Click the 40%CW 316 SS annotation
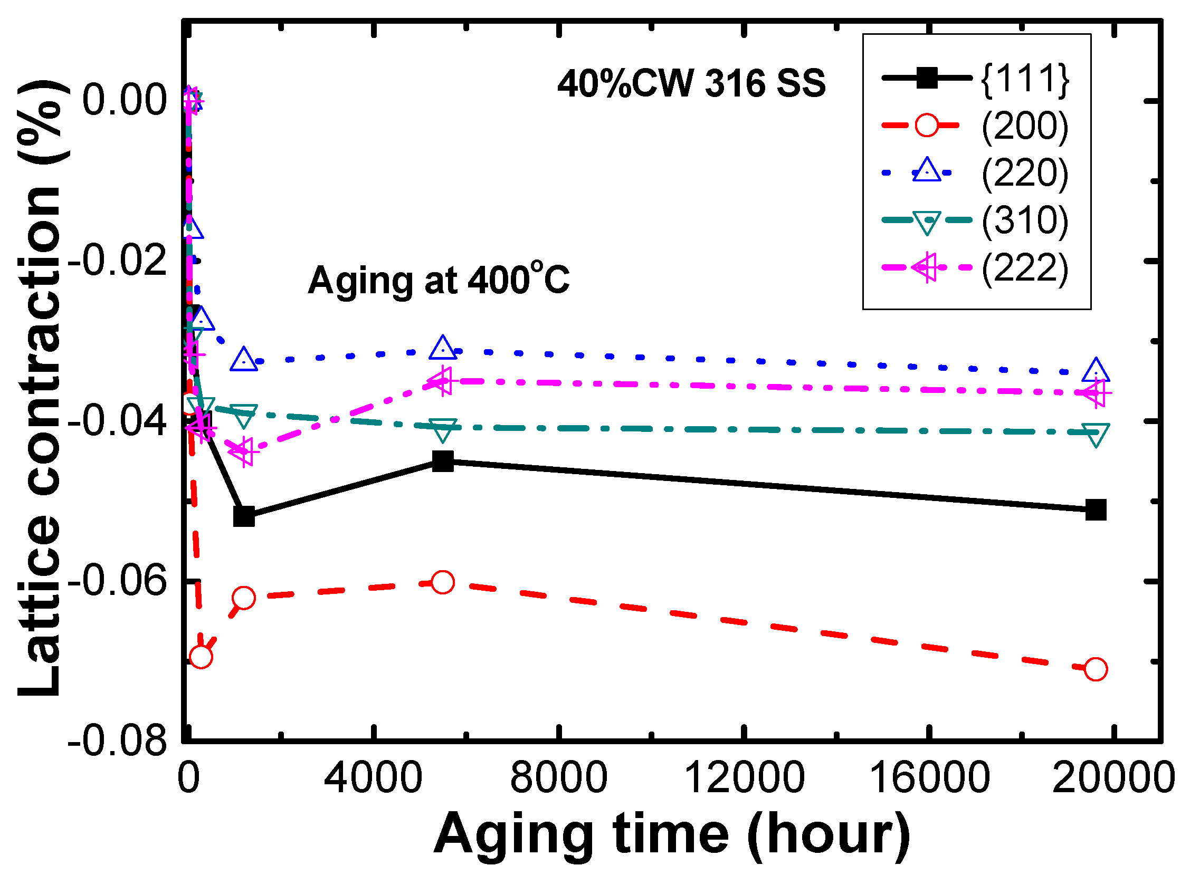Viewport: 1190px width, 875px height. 691,84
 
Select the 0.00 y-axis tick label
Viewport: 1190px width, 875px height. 125,101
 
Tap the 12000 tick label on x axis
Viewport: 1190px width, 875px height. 745,778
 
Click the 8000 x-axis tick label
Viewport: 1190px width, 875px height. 558,778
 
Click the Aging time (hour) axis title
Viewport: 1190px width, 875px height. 672,834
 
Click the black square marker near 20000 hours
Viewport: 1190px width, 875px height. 1096,509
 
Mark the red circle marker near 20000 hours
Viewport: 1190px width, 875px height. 1096,669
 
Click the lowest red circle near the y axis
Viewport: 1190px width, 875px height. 201,657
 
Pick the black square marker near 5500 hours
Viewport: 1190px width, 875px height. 443,461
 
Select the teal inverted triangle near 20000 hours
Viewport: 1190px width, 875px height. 1096,434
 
